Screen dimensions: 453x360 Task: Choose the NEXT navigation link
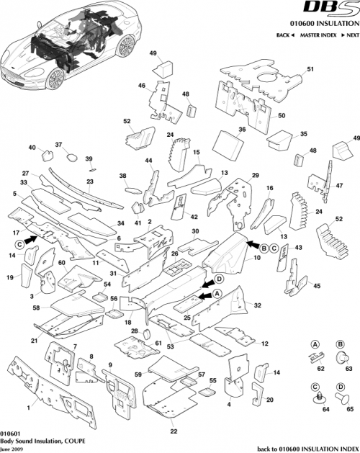(x=350, y=35)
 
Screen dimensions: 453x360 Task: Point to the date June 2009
(x=14, y=448)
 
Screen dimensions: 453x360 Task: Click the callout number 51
(x=311, y=69)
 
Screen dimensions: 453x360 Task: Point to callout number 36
(x=242, y=130)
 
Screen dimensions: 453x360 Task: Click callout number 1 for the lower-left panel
(x=28, y=408)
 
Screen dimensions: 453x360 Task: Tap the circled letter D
(x=219, y=279)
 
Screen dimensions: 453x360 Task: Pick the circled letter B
(x=264, y=247)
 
